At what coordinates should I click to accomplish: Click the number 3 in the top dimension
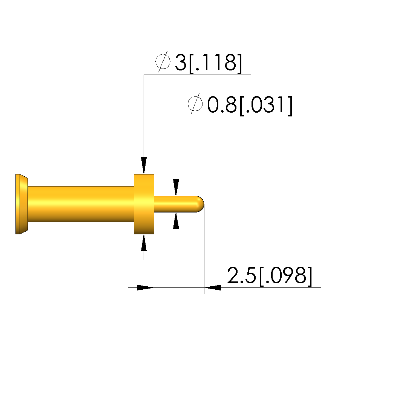coord(181,63)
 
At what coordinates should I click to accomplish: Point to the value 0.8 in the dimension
coord(222,105)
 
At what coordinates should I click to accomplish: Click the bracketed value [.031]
coord(266,105)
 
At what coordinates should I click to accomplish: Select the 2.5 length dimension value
coord(241,275)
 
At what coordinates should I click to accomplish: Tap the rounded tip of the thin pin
coord(200,204)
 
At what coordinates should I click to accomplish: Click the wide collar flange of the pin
coord(144,204)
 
